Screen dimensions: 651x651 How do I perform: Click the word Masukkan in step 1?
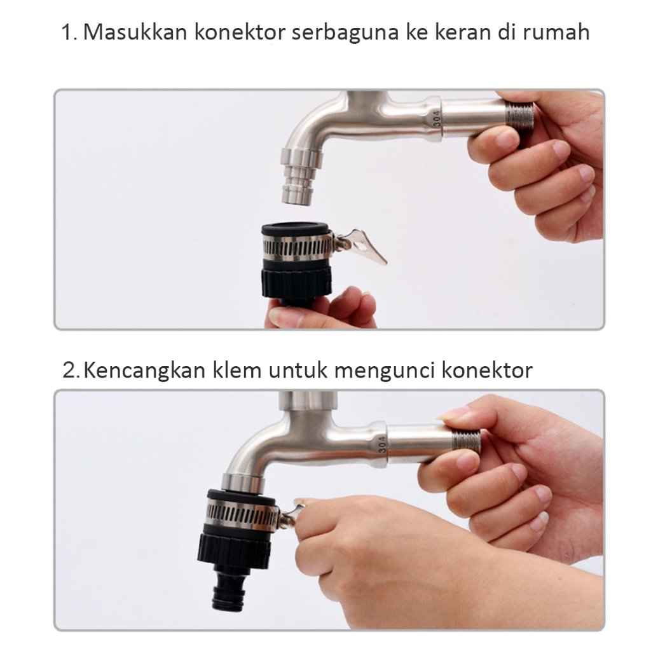point(135,32)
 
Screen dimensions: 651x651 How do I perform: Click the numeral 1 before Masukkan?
point(67,32)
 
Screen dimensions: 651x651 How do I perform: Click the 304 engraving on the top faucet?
point(437,119)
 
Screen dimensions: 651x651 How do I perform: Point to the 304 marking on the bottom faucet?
point(382,444)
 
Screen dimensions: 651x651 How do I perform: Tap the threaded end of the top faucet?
point(519,114)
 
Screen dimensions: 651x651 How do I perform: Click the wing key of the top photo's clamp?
point(360,246)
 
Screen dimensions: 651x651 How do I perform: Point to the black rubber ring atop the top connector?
point(295,230)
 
